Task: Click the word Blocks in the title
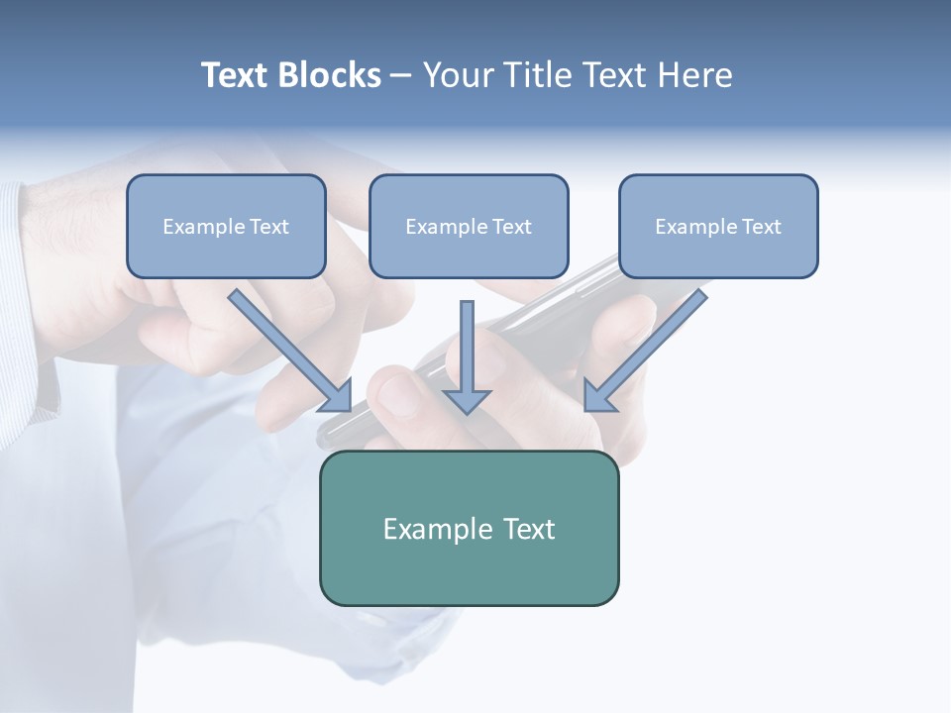[332, 75]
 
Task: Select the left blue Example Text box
[226, 227]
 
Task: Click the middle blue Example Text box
[469, 227]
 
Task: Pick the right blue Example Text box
[718, 227]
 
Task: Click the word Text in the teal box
[530, 529]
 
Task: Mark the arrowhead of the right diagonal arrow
[598, 395]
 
